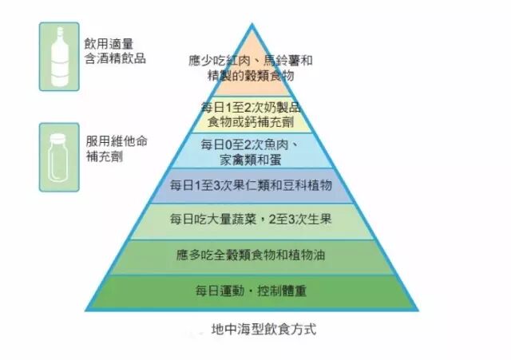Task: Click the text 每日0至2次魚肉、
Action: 250,144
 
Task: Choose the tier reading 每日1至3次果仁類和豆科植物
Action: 252,186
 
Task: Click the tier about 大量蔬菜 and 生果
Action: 252,220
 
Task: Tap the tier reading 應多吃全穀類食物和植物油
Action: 252,255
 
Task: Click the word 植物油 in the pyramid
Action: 307,255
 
